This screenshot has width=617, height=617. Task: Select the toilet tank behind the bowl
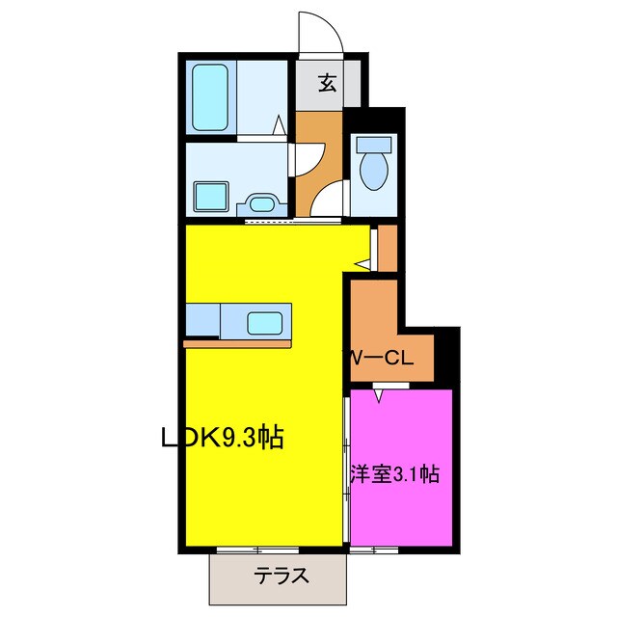click(371, 146)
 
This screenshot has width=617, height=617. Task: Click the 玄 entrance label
click(327, 83)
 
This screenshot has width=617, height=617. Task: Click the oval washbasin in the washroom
click(260, 203)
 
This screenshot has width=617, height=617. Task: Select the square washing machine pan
click(211, 197)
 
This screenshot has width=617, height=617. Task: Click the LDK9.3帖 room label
click(221, 438)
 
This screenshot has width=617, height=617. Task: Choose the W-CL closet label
click(381, 359)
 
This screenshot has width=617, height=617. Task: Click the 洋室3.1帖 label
click(395, 474)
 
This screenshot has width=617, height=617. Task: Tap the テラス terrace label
click(282, 577)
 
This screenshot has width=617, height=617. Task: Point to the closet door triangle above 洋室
click(380, 392)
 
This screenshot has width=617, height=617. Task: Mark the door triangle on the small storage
click(364, 261)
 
